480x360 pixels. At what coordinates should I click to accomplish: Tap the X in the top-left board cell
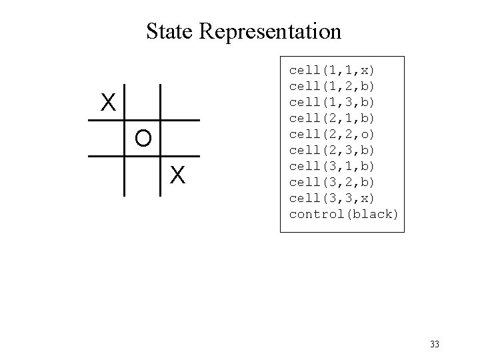click(x=108, y=102)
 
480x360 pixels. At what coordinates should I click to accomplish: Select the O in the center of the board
click(x=143, y=138)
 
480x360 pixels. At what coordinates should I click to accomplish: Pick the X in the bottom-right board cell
click(x=177, y=175)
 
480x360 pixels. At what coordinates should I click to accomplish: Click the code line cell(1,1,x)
click(x=332, y=70)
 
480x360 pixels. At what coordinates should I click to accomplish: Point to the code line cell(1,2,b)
click(x=332, y=86)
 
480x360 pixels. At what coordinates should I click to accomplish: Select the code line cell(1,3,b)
click(x=332, y=102)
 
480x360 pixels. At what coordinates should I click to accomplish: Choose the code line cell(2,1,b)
click(x=332, y=118)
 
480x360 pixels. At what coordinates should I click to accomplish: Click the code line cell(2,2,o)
click(x=332, y=134)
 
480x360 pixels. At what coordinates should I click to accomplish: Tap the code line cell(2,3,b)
click(x=332, y=150)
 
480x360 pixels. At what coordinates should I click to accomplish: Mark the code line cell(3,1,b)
click(x=332, y=166)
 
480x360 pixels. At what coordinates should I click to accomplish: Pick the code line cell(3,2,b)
click(x=332, y=182)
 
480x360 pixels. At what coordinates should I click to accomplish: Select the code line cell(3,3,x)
click(x=332, y=198)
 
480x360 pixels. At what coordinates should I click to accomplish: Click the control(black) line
click(x=343, y=214)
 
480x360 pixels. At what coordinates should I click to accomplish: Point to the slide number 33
click(x=435, y=344)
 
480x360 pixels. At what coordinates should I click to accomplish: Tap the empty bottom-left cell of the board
click(x=107, y=175)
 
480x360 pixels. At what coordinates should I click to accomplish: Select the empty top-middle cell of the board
click(x=143, y=102)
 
